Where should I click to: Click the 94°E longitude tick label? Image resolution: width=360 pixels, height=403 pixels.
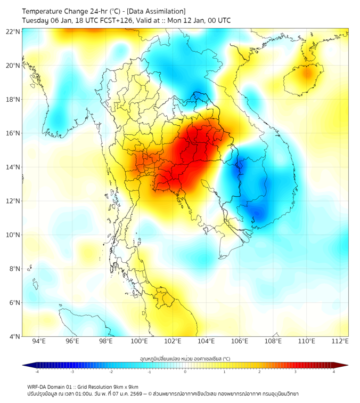[39, 341]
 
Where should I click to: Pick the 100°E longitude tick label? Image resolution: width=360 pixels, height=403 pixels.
[140, 341]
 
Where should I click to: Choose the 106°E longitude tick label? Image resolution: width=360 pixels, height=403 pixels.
[240, 341]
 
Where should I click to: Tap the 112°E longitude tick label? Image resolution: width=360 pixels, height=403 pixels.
[340, 341]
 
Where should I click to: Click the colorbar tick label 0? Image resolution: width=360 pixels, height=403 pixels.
[185, 372]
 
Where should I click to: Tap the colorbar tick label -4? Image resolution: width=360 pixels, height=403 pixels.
[37, 372]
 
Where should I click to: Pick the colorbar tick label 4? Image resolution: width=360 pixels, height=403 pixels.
[333, 372]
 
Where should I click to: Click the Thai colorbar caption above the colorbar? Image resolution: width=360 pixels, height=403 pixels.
[185, 358]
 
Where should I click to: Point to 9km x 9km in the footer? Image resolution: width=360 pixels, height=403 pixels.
[126, 387]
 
